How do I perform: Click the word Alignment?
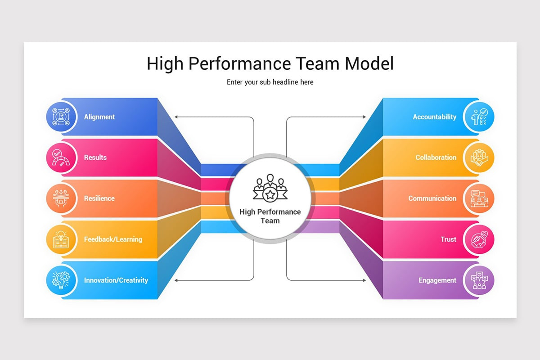pos(99,117)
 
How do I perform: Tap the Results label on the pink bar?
pos(95,157)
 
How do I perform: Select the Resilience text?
pos(99,198)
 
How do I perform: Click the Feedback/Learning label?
pos(113,239)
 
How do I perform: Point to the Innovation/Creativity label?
pos(116,280)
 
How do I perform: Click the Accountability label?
pos(434,117)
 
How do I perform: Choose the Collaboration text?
pos(436,157)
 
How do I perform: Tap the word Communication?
pos(432,198)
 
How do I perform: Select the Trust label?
pos(448,239)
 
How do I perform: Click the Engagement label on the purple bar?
pos(437,280)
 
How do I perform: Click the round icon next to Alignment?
pos(61,117)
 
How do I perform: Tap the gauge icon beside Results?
pos(61,157)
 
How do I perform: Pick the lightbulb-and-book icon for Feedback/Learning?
pos(61,239)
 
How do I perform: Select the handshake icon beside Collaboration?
pos(479,157)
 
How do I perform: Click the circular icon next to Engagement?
pos(479,280)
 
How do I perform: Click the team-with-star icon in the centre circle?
pos(270,188)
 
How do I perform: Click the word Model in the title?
pos(369,63)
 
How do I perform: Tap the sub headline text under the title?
pos(270,82)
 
